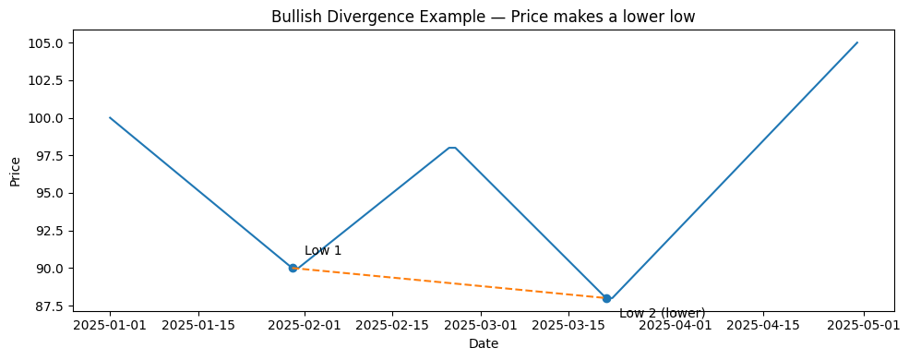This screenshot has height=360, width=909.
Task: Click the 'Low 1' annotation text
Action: pyautogui.click(x=323, y=251)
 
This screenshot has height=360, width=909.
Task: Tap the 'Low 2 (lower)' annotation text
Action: pyautogui.click(x=662, y=313)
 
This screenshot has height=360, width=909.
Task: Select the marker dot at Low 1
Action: pyautogui.click(x=293, y=268)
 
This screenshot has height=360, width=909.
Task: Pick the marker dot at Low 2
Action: pyautogui.click(x=606, y=298)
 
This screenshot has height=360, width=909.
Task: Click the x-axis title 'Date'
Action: pyautogui.click(x=484, y=344)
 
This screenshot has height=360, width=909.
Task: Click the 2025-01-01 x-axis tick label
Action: pyautogui.click(x=110, y=325)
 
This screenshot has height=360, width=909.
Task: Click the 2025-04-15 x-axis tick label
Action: pyautogui.click(x=764, y=325)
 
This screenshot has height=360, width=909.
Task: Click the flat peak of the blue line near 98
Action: pyautogui.click(x=452, y=148)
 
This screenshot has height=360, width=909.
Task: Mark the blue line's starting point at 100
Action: pyautogui.click(x=110, y=117)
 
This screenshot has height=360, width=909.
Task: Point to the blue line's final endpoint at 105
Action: pyautogui.click(x=857, y=42)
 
